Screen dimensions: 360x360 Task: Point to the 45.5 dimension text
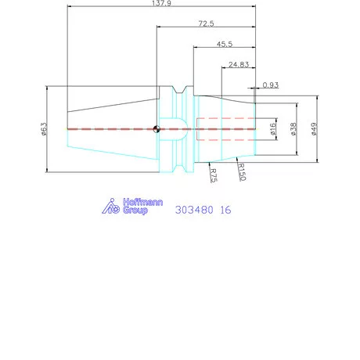point(223,45)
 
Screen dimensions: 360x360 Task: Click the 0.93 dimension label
point(272,84)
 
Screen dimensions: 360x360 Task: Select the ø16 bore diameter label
point(272,128)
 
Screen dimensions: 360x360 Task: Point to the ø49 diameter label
point(315,128)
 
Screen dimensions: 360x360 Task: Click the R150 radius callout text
point(242,172)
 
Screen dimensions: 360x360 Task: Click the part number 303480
point(195,210)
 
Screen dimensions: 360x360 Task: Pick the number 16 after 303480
point(225,210)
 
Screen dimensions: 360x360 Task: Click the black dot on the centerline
point(157,129)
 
